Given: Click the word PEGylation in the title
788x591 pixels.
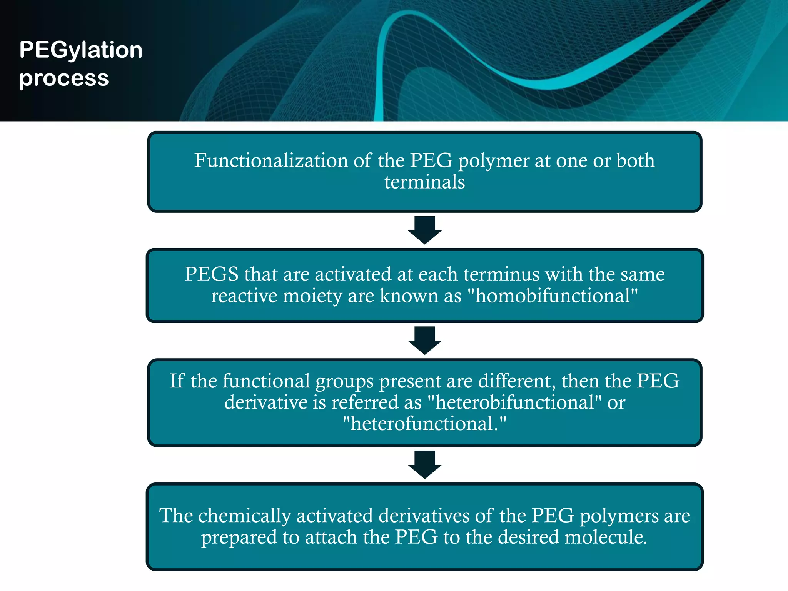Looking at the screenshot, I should click(x=81, y=50).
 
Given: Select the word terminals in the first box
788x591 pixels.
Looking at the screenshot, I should click(x=424, y=182).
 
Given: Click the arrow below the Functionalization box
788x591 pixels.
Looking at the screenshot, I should click(x=424, y=230).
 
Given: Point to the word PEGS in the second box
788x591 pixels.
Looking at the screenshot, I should click(x=211, y=274).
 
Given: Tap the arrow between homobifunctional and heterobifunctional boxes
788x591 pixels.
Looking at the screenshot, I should click(x=424, y=340).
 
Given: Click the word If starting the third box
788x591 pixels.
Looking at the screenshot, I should click(x=177, y=381).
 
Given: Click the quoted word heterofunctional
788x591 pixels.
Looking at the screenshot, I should click(x=424, y=424).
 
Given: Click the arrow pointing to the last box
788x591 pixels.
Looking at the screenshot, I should click(x=424, y=464).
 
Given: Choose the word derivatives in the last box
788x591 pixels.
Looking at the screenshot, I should click(x=424, y=516).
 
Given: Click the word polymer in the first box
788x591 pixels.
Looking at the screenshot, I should click(x=494, y=161).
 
